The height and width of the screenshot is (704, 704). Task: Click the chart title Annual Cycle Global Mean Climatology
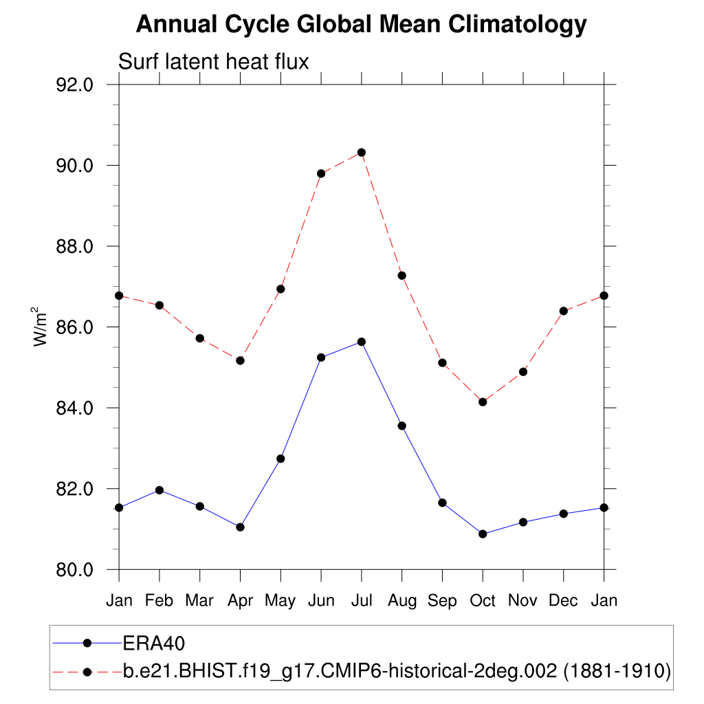coord(361,25)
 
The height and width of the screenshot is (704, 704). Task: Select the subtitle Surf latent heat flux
coord(214,61)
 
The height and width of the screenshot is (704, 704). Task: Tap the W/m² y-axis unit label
coord(41,327)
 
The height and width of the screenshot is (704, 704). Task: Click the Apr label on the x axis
coord(240,601)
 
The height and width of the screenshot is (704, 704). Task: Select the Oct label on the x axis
coord(483,601)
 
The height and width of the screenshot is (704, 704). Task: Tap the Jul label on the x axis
coord(361,601)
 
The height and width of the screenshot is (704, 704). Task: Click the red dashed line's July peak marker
coord(361,153)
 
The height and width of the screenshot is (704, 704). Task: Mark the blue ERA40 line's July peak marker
coord(361,342)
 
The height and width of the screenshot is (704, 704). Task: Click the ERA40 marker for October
coord(483,534)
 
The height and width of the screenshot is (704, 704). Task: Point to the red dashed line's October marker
coord(483,402)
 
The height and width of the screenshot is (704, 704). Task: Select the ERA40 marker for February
coord(159,490)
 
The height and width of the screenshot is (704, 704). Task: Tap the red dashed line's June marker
coord(321,173)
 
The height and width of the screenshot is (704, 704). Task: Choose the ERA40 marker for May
coord(280,459)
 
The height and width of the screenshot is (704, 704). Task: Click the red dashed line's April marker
coord(240,360)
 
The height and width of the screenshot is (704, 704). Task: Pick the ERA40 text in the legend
coord(155,643)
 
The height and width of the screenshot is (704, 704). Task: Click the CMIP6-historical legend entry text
coord(397,670)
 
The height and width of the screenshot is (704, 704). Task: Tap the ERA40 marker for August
coord(401,426)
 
